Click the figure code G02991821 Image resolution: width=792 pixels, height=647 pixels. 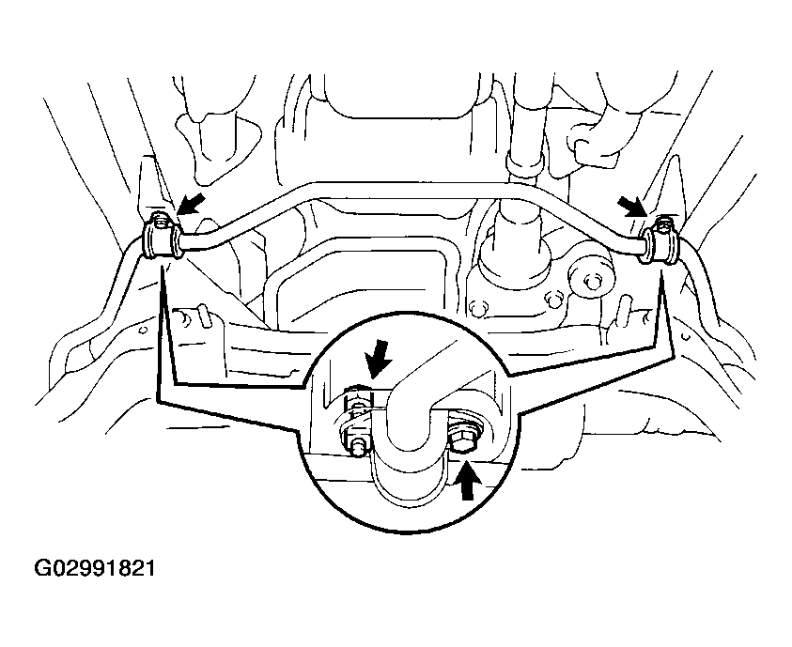click(95, 568)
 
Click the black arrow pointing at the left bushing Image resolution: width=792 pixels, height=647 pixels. click(192, 203)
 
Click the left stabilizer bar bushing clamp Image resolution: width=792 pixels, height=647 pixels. click(162, 240)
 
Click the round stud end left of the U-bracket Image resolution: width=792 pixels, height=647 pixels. click(358, 448)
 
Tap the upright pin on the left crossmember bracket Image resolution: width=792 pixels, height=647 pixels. click(204, 315)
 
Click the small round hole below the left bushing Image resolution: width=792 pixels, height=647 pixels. click(143, 330)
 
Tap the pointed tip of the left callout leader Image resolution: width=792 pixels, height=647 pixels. click(162, 268)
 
